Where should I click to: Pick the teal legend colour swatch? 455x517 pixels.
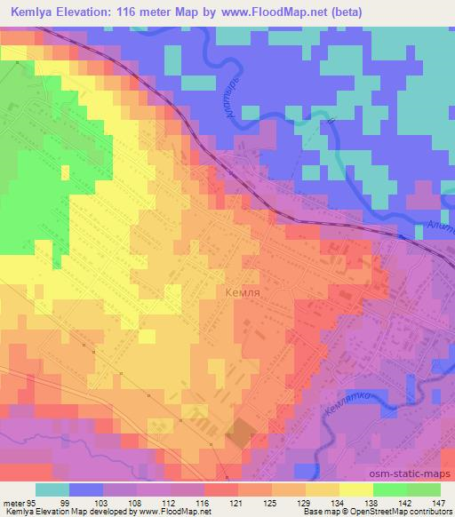(52, 489)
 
